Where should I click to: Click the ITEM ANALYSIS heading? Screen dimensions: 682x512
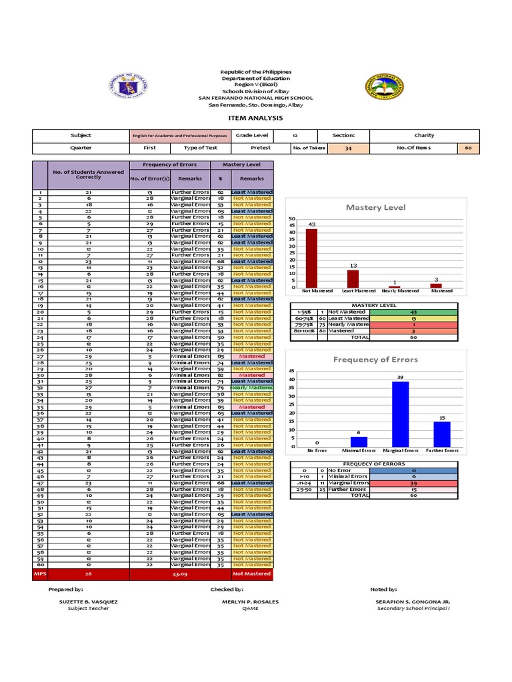[255, 118]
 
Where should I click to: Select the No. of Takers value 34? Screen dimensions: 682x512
[348, 148]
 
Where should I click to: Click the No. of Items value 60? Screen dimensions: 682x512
[468, 148]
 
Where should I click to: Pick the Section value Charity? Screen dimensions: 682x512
[424, 135]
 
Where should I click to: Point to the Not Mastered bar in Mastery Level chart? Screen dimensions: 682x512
[311, 258]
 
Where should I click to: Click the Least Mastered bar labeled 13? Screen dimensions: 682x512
[353, 278]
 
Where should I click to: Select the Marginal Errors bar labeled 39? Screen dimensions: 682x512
[400, 414]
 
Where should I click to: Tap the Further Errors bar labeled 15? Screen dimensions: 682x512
[441, 434]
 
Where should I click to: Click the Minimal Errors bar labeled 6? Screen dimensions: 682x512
[359, 441]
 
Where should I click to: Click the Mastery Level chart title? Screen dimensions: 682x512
[375, 208]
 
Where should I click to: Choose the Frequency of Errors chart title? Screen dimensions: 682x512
[375, 360]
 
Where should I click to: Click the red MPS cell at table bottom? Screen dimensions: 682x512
[39, 573]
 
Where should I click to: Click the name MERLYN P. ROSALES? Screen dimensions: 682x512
[250, 601]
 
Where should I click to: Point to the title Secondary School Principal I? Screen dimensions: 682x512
[413, 608]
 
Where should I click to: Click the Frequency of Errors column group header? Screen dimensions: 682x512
[170, 165]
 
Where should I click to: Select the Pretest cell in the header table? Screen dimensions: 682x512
[261, 148]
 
